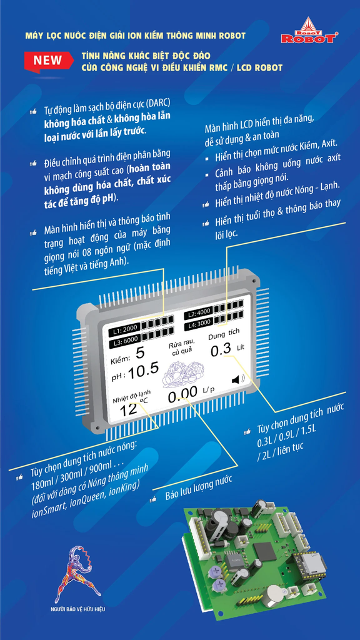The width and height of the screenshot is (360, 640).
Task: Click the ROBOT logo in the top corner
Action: [309, 31]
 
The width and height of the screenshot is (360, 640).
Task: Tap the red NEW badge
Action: [47, 62]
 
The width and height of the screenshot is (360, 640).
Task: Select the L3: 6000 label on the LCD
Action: [125, 338]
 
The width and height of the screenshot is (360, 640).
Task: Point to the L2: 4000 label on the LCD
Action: [198, 313]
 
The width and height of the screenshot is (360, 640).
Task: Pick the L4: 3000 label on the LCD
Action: [199, 324]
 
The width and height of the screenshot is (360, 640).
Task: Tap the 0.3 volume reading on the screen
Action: [221, 350]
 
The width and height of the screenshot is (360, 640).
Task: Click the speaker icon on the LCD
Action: [238, 380]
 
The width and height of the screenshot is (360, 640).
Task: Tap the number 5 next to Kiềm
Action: [140, 353]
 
